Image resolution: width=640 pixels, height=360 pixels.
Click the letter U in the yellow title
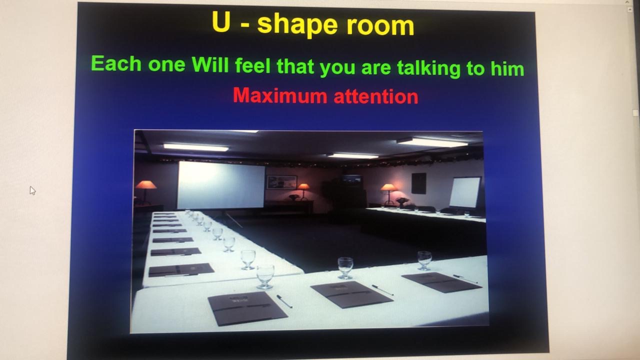pos(221,21)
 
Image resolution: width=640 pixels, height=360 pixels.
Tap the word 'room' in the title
pos(380,25)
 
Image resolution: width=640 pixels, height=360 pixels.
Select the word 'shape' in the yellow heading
pos(297,25)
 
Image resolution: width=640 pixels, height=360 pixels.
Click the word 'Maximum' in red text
pos(280,95)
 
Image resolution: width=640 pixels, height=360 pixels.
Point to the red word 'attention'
pos(376,96)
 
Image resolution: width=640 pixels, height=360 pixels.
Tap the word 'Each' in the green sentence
pos(116,63)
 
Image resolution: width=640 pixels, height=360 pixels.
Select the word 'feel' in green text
pos(252,65)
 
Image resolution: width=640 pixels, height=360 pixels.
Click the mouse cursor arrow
pos(32,190)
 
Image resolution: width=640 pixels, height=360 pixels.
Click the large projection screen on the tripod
pos(221,185)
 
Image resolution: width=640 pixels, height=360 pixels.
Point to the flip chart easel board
pos(465,192)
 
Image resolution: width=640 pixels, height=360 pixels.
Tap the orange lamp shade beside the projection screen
pos(145,185)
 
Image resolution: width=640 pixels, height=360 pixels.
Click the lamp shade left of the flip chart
pos(388,187)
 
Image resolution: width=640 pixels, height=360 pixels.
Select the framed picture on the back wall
pos(281,182)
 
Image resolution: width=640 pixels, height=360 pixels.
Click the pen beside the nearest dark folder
pos(284,301)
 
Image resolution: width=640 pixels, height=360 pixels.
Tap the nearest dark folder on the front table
pos(247,308)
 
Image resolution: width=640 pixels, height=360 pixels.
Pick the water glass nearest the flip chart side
pos(424,260)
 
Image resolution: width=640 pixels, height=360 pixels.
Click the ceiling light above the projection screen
pos(196,147)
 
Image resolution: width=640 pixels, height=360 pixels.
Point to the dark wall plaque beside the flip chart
pos(419,183)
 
